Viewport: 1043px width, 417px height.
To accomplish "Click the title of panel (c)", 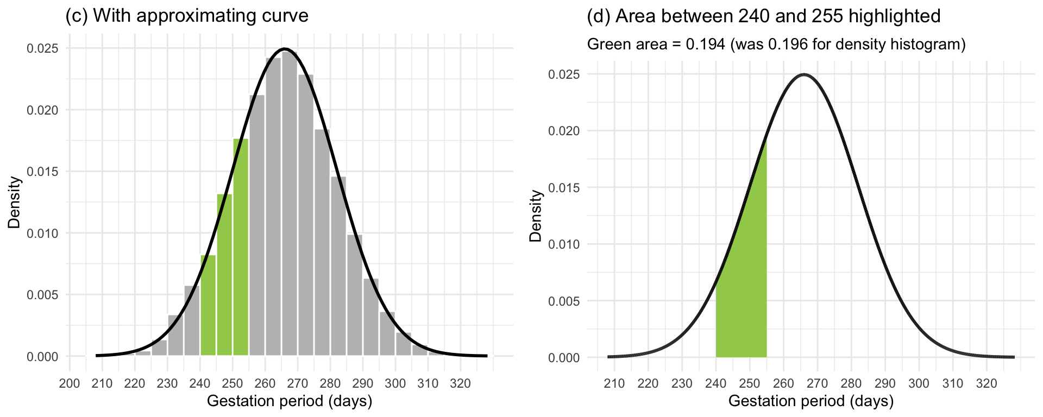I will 186,16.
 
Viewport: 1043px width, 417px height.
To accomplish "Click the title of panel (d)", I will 764,16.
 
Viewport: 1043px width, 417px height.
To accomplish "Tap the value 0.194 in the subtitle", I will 705,44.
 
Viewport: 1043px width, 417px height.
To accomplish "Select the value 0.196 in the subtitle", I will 787,44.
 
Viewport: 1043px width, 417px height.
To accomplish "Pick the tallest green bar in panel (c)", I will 241,250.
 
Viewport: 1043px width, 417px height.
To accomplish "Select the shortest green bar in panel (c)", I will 208,307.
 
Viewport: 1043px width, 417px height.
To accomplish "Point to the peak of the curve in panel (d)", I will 803,75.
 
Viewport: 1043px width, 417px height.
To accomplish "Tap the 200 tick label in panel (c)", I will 70,383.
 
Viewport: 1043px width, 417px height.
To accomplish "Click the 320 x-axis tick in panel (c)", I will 461,383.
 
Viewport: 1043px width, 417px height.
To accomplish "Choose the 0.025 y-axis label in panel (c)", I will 42,48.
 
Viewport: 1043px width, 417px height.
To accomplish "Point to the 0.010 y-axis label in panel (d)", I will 564,244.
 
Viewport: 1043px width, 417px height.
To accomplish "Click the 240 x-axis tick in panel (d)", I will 715,383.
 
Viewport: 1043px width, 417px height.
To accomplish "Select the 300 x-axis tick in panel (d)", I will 919,383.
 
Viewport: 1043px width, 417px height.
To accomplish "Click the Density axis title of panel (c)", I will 14,202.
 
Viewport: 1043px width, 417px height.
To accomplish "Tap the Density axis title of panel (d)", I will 536,215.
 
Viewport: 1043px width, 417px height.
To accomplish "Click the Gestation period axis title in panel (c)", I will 290,401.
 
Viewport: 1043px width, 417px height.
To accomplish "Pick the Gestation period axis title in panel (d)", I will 810,401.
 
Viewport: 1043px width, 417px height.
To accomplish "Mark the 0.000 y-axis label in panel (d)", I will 564,358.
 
